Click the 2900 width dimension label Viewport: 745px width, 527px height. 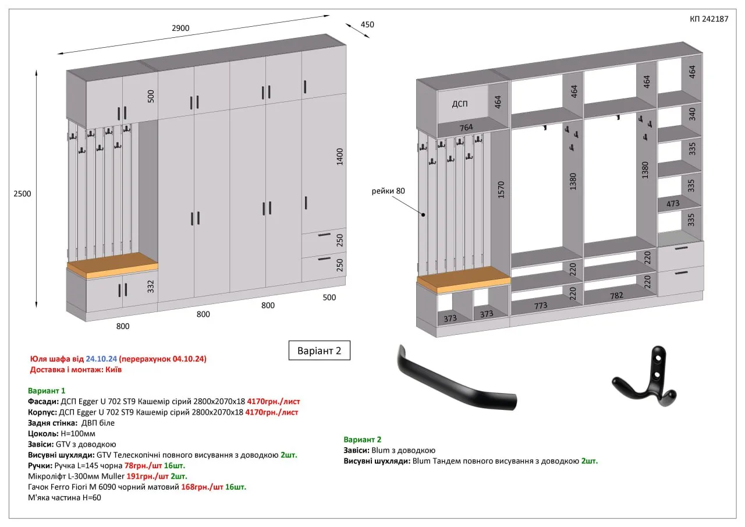(x=180, y=28)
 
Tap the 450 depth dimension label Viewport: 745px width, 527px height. (x=367, y=24)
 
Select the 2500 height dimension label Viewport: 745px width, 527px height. (x=22, y=194)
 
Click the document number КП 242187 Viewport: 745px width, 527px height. (x=709, y=19)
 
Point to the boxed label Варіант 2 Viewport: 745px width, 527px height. (x=320, y=351)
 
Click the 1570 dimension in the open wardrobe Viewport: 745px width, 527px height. (x=501, y=190)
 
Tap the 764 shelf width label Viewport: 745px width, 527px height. (x=466, y=128)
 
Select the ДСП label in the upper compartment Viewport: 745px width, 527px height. (x=460, y=104)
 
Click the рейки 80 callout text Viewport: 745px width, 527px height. (x=388, y=191)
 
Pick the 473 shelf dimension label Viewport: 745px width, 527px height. (x=673, y=203)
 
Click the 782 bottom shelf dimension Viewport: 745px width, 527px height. (x=616, y=295)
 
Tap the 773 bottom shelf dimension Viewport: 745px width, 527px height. (x=541, y=305)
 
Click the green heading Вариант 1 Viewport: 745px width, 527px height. (x=47, y=391)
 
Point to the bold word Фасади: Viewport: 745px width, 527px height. (x=43, y=402)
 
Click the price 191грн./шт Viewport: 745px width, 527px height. (x=147, y=476)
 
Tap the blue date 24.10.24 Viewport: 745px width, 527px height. (x=101, y=359)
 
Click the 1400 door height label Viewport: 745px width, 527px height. (x=339, y=157)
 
